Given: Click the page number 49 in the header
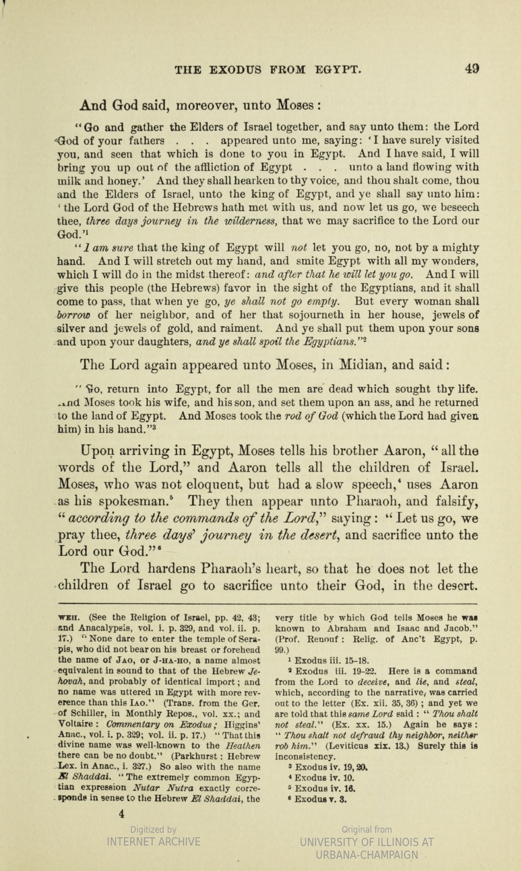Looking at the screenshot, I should pyautogui.click(x=471, y=68).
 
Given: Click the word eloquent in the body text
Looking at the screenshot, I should pyautogui.click(x=208, y=484).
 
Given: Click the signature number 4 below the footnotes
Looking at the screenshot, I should pyautogui.click(x=122, y=814).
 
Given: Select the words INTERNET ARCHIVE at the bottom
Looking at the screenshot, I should pyautogui.click(x=153, y=841).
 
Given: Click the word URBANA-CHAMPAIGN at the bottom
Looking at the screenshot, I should pyautogui.click(x=367, y=855).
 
